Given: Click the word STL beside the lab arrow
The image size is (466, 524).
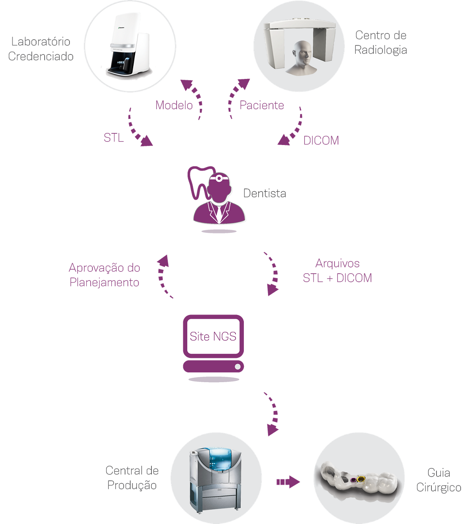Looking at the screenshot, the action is point(114,138).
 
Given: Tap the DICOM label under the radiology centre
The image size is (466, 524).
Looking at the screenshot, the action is point(321,140).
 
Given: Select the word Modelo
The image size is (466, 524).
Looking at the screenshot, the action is point(174,105).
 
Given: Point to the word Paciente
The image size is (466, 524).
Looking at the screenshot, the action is point(262,105).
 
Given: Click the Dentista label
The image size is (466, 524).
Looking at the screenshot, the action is point(265,193).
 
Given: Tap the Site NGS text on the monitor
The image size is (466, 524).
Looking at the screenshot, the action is point(213,337).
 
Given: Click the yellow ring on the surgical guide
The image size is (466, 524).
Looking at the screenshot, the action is point(361,479).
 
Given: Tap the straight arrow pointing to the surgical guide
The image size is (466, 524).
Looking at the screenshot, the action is point(288,482).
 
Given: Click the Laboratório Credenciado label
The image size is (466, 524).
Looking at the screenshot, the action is point(40,49).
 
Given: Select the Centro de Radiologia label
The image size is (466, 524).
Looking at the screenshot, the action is point(381,42).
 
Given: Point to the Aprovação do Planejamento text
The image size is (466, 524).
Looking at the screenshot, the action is point(104,275).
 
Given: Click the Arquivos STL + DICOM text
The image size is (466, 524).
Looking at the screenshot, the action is point(337,271).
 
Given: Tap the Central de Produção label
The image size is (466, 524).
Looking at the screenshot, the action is point(132,478).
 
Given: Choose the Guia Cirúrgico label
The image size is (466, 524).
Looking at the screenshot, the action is point(438,480).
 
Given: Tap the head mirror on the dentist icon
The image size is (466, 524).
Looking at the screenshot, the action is point(219,178).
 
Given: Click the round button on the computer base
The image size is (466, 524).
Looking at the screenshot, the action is point(238,367).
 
